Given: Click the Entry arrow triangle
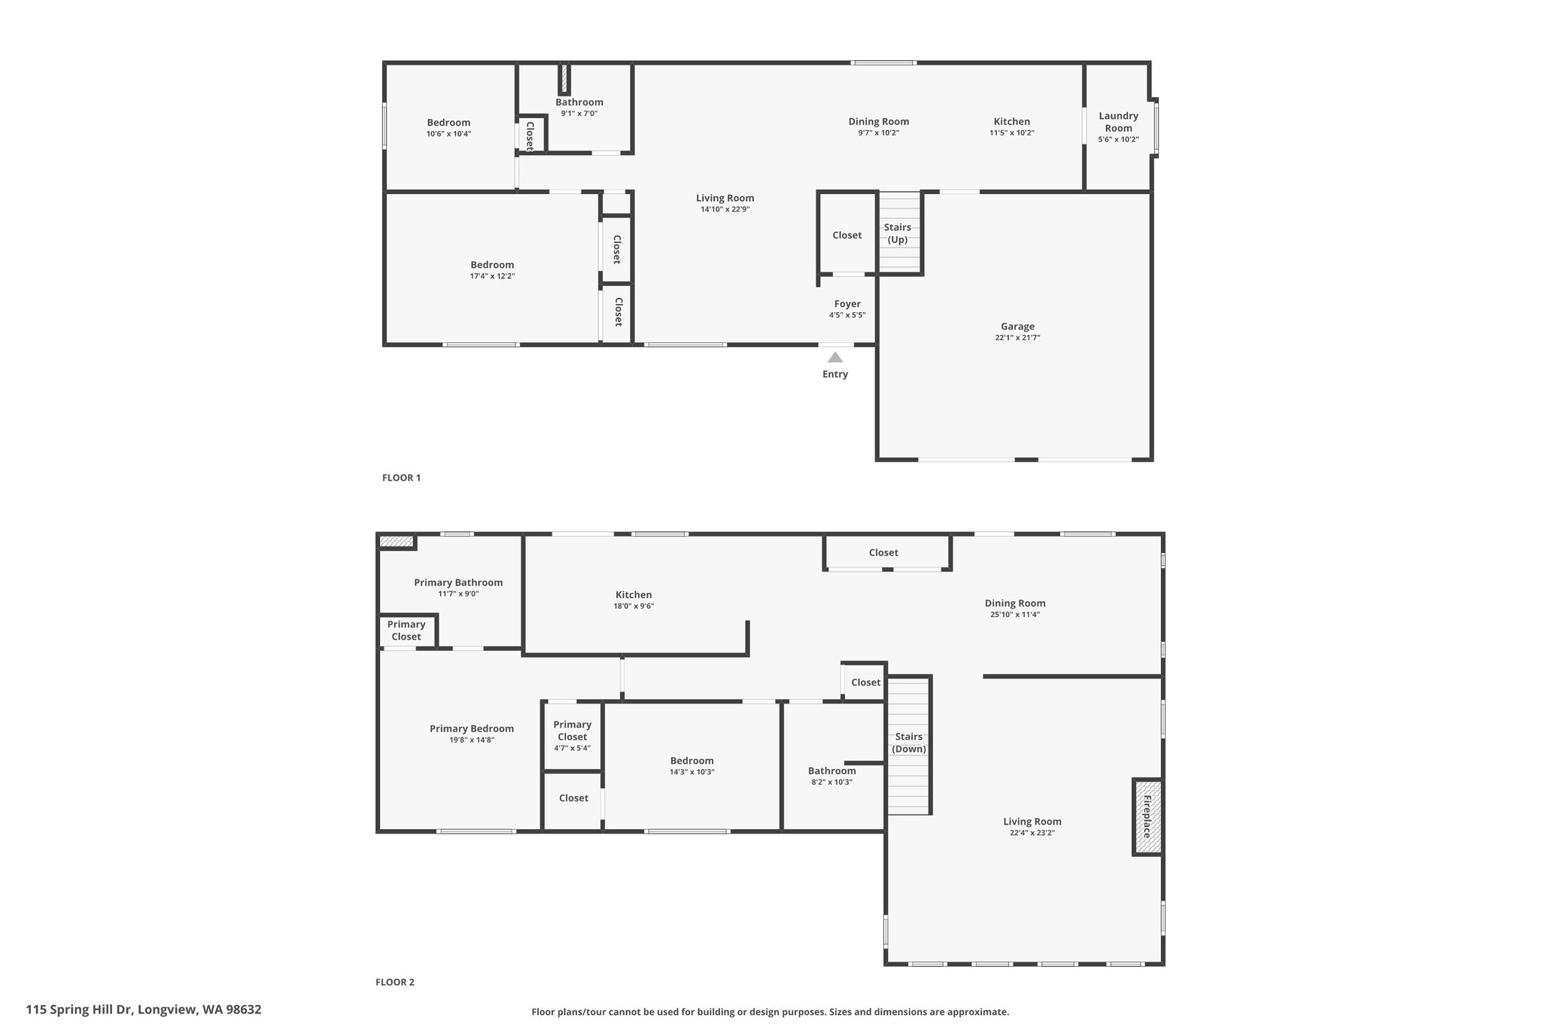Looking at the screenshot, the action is point(835,357).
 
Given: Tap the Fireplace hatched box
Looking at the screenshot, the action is point(1147,816).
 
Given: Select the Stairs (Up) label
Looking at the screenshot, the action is point(898,233).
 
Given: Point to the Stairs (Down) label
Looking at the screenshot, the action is point(909,743).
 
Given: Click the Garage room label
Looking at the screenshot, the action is point(1017,327).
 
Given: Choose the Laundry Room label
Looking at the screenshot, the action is point(1118,122).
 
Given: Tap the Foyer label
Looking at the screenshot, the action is point(847,304).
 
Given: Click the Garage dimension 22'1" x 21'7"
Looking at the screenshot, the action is point(1017,338).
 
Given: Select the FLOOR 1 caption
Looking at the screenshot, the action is point(401,478).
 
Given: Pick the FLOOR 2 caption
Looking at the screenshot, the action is point(395,982).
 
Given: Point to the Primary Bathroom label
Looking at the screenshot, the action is point(458,582).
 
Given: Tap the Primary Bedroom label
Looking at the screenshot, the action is point(472,728).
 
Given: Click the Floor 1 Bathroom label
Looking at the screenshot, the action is point(579,102).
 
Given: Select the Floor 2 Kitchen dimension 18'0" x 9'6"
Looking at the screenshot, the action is point(634,606).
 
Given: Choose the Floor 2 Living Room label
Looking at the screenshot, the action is point(1032,822).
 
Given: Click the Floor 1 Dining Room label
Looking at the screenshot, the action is point(879,121).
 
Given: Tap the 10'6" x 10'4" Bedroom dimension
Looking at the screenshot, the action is point(448,134).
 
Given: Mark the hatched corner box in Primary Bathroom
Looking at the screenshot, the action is point(397,541).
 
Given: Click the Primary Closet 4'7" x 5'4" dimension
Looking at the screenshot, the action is point(573,748).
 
